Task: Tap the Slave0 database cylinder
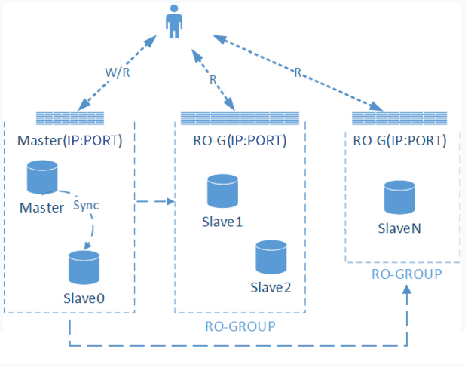[84, 268]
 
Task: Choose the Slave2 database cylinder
[270, 257]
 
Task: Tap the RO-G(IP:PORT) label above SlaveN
[399, 140]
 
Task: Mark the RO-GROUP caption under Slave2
[240, 326]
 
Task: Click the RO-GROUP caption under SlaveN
[407, 274]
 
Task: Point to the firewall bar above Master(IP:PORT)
[70, 118]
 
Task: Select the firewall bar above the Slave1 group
[240, 118]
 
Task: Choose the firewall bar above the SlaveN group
[399, 118]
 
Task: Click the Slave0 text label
[84, 298]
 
